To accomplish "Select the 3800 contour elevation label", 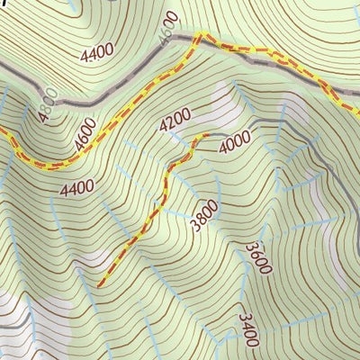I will pos(205,215).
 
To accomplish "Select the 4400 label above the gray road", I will pos(97,52).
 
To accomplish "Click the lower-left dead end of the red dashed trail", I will pos(98,284).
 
